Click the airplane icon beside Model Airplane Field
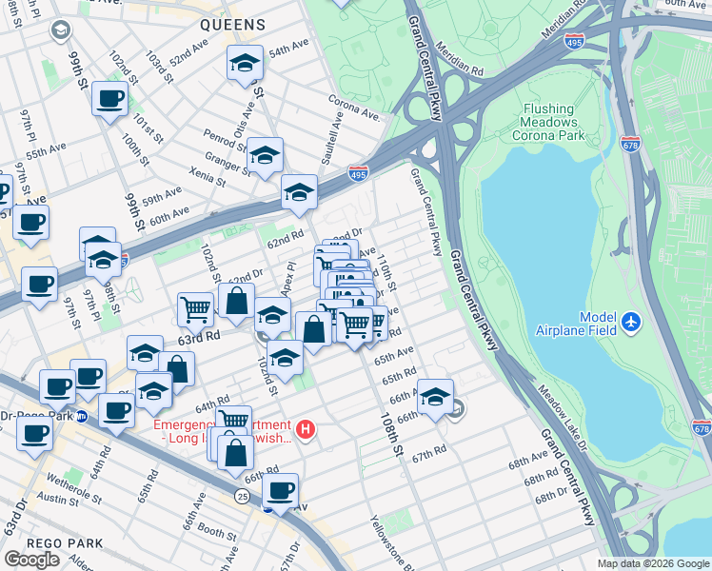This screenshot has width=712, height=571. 630,324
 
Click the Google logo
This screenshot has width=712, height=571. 32,560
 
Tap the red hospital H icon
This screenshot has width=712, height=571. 306,429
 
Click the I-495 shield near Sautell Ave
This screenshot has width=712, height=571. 358,174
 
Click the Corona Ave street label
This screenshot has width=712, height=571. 354,107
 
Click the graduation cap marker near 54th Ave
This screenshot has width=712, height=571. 245,64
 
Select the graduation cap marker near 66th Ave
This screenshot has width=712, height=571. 435,396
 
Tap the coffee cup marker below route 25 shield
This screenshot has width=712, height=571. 280,490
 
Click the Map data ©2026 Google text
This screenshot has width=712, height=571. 653,563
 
